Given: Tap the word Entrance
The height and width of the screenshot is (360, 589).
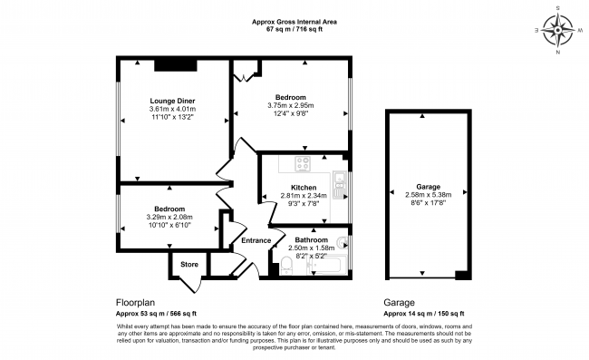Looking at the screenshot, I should pos(256,240).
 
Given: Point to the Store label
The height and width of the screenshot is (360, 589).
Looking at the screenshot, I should pos(188,264).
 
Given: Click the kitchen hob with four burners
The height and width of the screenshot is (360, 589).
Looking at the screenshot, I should pos(302,164).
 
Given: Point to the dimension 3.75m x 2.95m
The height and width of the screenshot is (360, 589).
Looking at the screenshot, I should pos(291,105).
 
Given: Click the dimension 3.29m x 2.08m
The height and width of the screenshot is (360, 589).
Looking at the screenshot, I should pos(169,217).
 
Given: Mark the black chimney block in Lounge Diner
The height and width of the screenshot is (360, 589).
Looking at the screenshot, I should pos(169,64).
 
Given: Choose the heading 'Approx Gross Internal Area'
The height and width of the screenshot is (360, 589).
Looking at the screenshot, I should pos(294,22).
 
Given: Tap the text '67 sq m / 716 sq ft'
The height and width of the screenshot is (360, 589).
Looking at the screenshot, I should pos(294,30).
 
